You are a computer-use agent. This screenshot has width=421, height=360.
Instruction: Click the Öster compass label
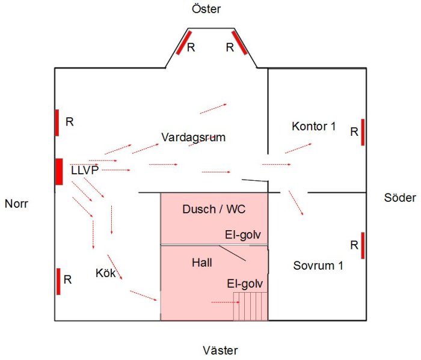(x=206, y=9)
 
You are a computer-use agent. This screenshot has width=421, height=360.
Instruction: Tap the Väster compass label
(x=220, y=350)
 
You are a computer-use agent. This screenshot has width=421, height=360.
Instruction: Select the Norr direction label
(x=16, y=204)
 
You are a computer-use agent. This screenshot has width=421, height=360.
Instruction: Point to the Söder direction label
(x=400, y=198)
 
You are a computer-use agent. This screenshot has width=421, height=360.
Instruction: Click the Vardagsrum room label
(x=193, y=138)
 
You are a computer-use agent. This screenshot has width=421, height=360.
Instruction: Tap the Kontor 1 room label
(x=313, y=126)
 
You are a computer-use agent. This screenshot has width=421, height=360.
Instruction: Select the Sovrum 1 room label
(x=318, y=266)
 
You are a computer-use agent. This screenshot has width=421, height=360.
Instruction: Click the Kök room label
(x=105, y=273)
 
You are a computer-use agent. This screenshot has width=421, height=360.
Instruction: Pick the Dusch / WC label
(x=214, y=209)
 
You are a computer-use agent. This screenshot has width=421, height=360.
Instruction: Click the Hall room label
(x=202, y=263)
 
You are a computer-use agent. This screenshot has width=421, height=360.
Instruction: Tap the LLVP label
(x=85, y=170)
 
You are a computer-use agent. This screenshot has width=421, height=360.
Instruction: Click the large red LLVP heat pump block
(x=60, y=172)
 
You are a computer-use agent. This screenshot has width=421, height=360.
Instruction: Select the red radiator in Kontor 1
(x=363, y=132)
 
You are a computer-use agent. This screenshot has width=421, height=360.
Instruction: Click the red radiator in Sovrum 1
(x=363, y=246)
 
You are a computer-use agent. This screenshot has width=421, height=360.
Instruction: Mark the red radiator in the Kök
(x=58, y=281)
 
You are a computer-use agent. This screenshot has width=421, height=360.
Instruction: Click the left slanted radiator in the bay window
(x=183, y=43)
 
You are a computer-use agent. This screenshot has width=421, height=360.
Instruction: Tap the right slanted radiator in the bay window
(x=240, y=43)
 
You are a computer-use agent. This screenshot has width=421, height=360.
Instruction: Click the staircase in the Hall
(x=251, y=307)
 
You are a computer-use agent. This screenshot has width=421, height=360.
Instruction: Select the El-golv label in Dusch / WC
(x=243, y=235)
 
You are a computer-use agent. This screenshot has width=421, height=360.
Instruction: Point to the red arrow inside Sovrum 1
(x=296, y=203)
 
